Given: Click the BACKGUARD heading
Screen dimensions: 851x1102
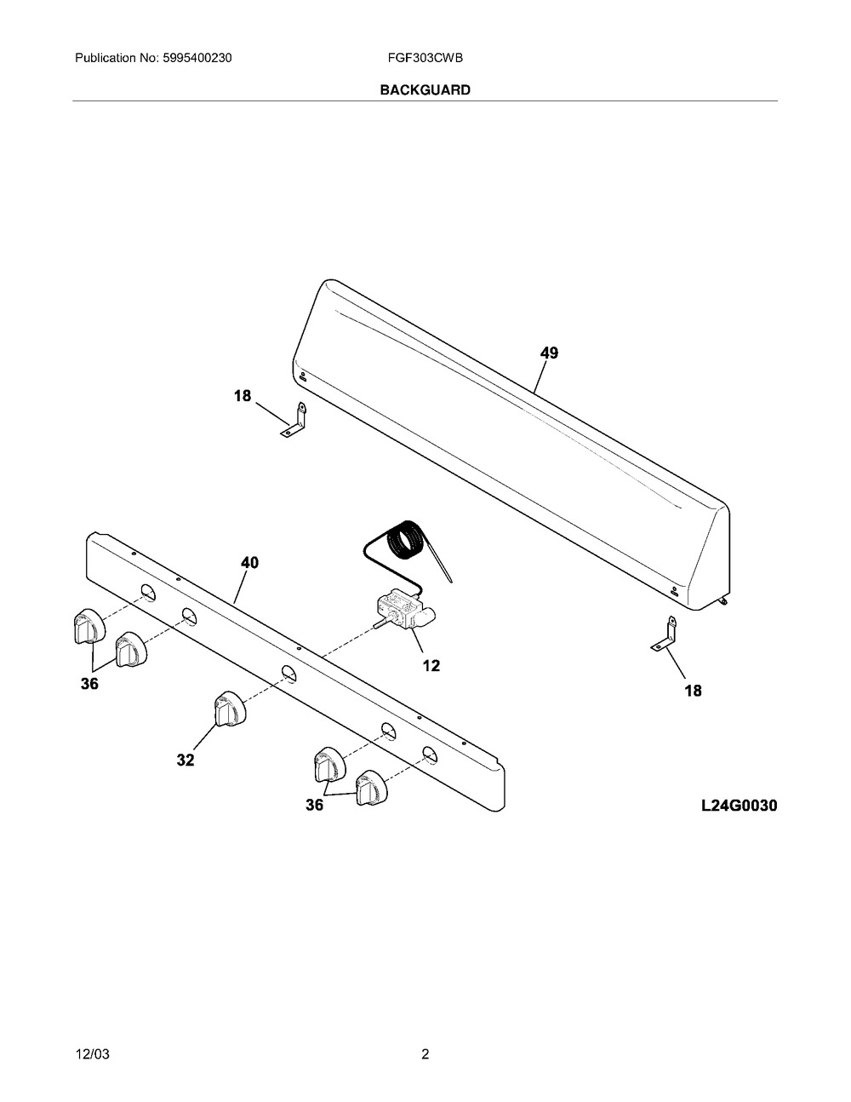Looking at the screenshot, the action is [x=425, y=89].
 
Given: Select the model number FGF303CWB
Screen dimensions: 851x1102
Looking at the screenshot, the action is [x=425, y=58].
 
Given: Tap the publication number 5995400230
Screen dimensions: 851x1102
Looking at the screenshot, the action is [x=197, y=58].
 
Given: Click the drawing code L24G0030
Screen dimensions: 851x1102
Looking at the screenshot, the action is [x=739, y=806].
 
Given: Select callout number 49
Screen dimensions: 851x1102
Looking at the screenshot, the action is [x=549, y=353].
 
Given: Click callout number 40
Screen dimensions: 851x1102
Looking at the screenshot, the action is [x=249, y=562].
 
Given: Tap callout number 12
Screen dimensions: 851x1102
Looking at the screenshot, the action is [x=431, y=665].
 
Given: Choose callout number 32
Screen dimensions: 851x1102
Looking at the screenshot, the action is [x=186, y=760].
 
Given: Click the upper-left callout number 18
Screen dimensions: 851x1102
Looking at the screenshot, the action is [x=243, y=395].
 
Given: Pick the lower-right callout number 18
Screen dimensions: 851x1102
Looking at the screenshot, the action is [x=693, y=690].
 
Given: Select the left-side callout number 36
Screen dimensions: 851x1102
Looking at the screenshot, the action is [x=89, y=684].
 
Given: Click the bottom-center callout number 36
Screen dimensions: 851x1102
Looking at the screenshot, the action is [x=314, y=805].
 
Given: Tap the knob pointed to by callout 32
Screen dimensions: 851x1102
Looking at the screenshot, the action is [x=231, y=709].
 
